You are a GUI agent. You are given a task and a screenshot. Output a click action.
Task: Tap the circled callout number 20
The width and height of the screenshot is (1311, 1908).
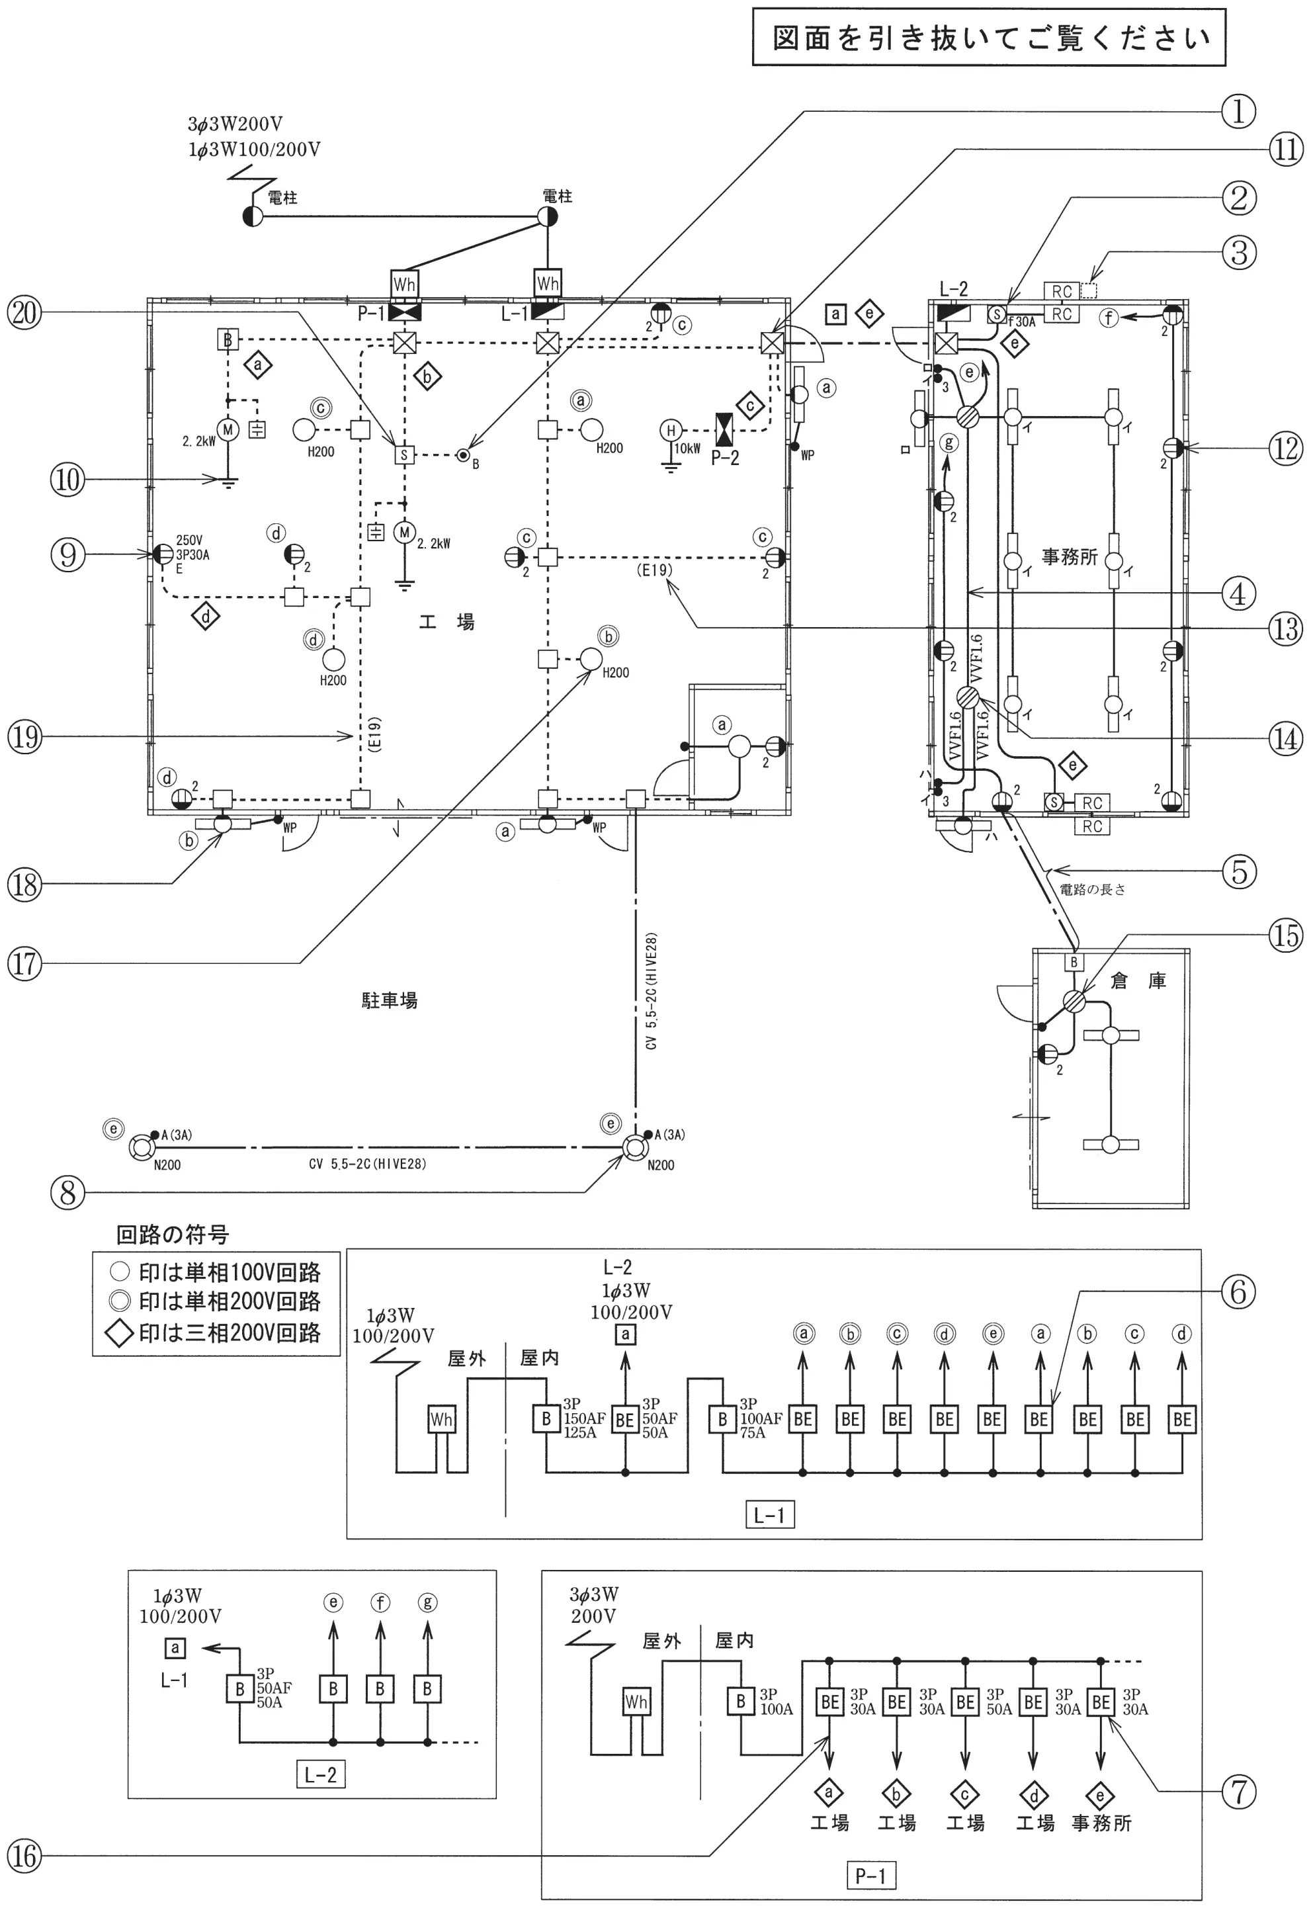coord(24,313)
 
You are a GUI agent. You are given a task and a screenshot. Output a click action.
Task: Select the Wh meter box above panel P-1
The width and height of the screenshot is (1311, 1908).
coord(404,284)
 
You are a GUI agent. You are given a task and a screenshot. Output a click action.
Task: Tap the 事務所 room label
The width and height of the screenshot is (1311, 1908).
coord(1070,557)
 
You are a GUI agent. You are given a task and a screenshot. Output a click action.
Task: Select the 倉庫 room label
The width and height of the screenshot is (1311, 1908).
coord(1138,980)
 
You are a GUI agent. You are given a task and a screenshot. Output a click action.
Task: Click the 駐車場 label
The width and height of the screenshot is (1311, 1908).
coord(390,1000)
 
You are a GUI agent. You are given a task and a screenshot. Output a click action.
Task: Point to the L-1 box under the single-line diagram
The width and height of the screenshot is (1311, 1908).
coord(769,1514)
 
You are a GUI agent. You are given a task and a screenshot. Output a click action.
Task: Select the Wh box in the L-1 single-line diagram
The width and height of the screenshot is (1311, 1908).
coord(441,1418)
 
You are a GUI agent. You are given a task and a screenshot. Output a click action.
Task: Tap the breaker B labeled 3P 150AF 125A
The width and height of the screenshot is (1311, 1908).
coord(546,1418)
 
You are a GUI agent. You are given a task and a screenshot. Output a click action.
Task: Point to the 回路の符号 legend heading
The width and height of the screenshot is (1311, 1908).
coord(173,1235)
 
